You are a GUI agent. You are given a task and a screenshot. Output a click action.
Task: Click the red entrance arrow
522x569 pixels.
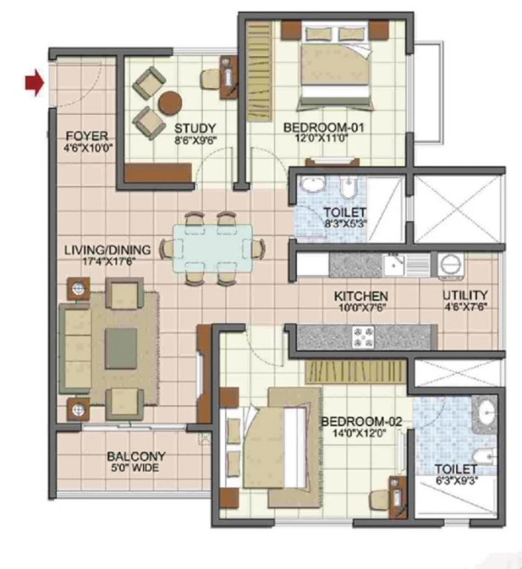click(x=35, y=83)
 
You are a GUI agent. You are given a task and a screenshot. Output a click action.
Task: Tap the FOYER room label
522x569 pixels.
click(x=87, y=136)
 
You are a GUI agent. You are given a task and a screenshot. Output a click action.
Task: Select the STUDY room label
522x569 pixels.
click(x=195, y=128)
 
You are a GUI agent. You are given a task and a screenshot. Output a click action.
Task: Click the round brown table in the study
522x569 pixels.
click(x=170, y=102)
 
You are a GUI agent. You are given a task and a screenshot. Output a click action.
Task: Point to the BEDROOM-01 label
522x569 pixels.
click(x=324, y=127)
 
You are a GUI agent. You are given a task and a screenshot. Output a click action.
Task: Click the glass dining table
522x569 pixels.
click(x=213, y=248)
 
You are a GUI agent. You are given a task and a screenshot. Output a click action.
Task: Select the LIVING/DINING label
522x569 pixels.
click(x=107, y=250)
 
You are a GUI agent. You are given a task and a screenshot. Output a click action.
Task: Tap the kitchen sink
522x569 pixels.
click(x=394, y=265)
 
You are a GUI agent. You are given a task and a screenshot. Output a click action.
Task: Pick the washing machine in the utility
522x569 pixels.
click(x=451, y=266)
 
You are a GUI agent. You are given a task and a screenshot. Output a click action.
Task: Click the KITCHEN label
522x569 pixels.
click(x=361, y=296)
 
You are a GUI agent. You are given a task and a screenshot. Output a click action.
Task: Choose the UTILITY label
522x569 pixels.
click(x=466, y=295)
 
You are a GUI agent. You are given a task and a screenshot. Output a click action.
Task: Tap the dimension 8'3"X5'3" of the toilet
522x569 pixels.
click(x=345, y=223)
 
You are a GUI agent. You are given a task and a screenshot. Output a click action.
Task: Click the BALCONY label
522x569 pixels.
click(x=136, y=456)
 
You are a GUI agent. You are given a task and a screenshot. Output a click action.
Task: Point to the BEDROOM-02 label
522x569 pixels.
click(x=361, y=422)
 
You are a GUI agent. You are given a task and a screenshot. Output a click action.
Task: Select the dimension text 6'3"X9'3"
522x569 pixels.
click(x=457, y=480)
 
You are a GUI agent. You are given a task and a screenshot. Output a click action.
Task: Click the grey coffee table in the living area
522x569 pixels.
click(x=121, y=349)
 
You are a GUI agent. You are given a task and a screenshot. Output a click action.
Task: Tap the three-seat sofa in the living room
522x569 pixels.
click(x=75, y=349)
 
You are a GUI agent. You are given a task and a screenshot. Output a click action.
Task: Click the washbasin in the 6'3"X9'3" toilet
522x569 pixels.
click(x=486, y=412)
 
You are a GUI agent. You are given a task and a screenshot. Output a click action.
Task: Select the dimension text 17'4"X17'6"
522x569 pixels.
click(x=107, y=262)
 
